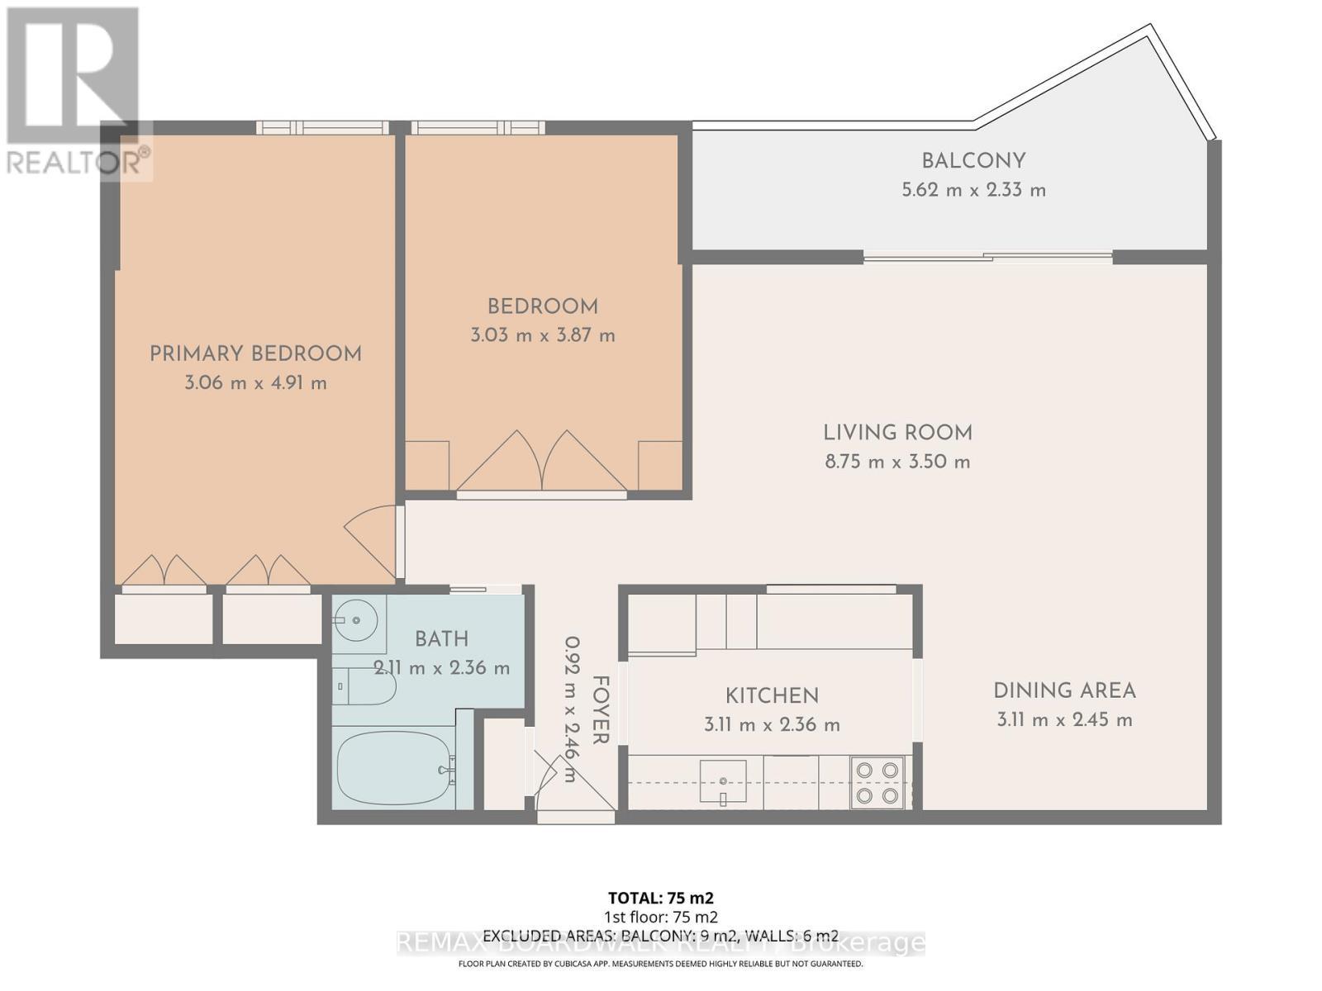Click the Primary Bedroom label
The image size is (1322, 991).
tap(255, 354)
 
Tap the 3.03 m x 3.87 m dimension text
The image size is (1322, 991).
tap(543, 335)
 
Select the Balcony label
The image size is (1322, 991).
tap(973, 161)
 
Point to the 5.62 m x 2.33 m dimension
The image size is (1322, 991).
tap(973, 190)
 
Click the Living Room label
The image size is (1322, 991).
tap(897, 433)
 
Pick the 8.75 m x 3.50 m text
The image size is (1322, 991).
tap(897, 462)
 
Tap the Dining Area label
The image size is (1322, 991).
tap(1064, 690)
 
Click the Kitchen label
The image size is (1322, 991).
tap(772, 695)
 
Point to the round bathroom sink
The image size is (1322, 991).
tap(357, 619)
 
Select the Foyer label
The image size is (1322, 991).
tap(601, 709)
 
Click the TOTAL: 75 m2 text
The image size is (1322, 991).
tap(660, 898)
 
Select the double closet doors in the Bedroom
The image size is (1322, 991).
tap(541, 462)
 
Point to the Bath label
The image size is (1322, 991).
tap(441, 639)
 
